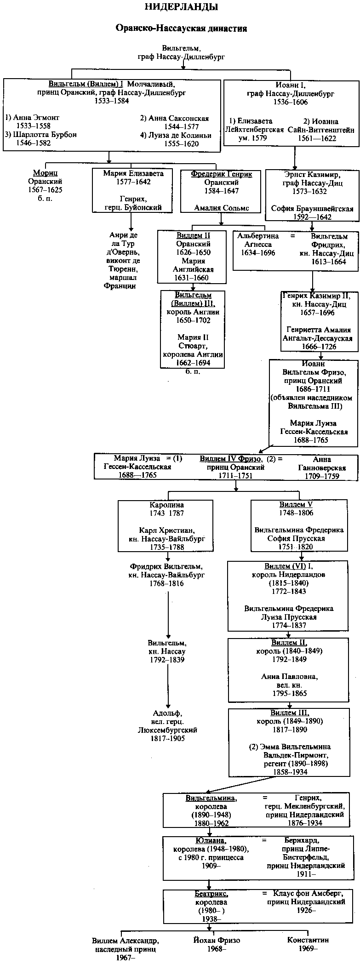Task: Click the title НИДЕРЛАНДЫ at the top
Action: tap(181, 7)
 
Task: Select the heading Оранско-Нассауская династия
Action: tap(181, 29)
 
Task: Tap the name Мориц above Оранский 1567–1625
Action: tap(45, 173)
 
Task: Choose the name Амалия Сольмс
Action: tap(221, 208)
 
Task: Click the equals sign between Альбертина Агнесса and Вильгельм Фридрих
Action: tap(292, 236)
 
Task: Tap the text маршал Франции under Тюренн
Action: tap(120, 282)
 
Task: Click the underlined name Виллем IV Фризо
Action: tap(231, 459)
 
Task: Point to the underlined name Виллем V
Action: tap(296, 504)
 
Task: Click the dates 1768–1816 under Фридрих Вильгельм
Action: tap(166, 583)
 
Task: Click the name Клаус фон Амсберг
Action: tap(308, 894)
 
